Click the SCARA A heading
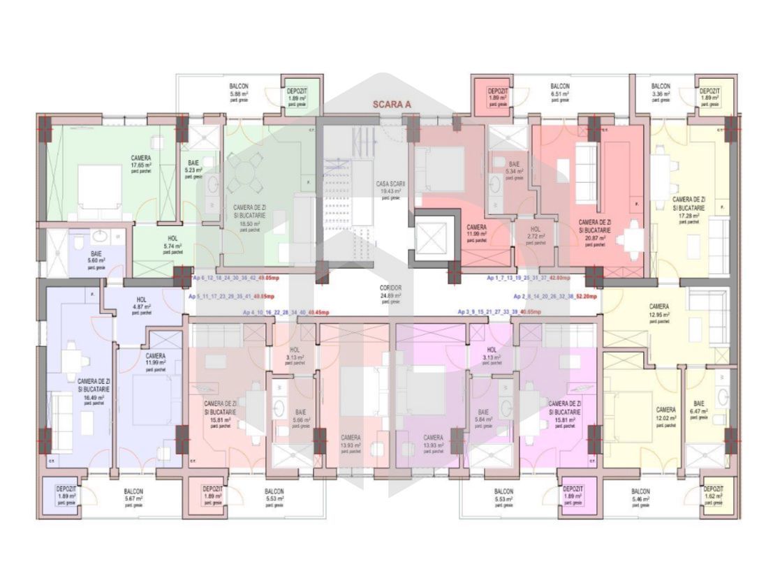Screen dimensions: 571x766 tap(392, 104)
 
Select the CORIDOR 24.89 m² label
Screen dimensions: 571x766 tap(390, 295)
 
